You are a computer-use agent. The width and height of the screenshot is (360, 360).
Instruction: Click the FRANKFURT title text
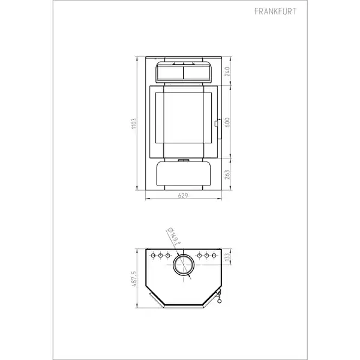[x=275, y=11]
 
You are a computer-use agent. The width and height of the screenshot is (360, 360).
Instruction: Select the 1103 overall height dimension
[x=134, y=124]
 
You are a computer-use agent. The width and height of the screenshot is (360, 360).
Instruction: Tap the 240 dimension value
[x=227, y=71]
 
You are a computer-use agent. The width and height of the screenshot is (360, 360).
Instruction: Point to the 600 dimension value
[x=227, y=122]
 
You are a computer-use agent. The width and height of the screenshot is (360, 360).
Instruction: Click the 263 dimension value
[x=227, y=175]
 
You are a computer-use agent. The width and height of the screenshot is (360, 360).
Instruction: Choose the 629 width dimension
[x=183, y=196]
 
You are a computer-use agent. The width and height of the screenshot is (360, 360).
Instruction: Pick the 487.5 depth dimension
[x=134, y=279]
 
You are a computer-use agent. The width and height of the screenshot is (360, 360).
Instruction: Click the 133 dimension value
[x=227, y=257]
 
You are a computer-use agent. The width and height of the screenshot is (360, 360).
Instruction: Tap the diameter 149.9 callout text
[x=175, y=236]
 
